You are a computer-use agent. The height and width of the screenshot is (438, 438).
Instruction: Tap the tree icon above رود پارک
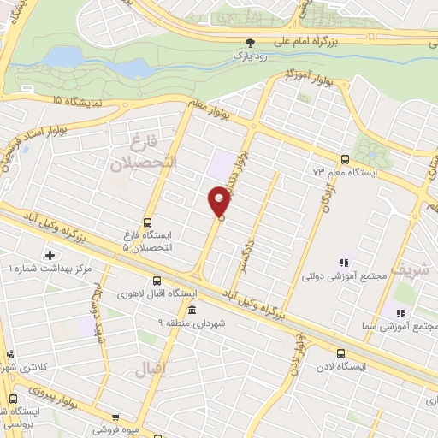tap(250, 42)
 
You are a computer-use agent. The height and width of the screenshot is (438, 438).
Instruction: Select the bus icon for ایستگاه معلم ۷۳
tap(345, 159)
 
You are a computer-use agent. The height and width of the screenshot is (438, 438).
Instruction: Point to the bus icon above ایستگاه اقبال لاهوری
tap(157, 281)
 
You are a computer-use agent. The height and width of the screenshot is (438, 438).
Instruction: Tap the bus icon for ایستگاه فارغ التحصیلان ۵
tap(148, 221)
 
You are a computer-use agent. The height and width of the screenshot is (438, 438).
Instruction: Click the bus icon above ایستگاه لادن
tap(341, 352)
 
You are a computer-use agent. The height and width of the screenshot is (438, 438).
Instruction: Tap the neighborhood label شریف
tap(407, 270)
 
